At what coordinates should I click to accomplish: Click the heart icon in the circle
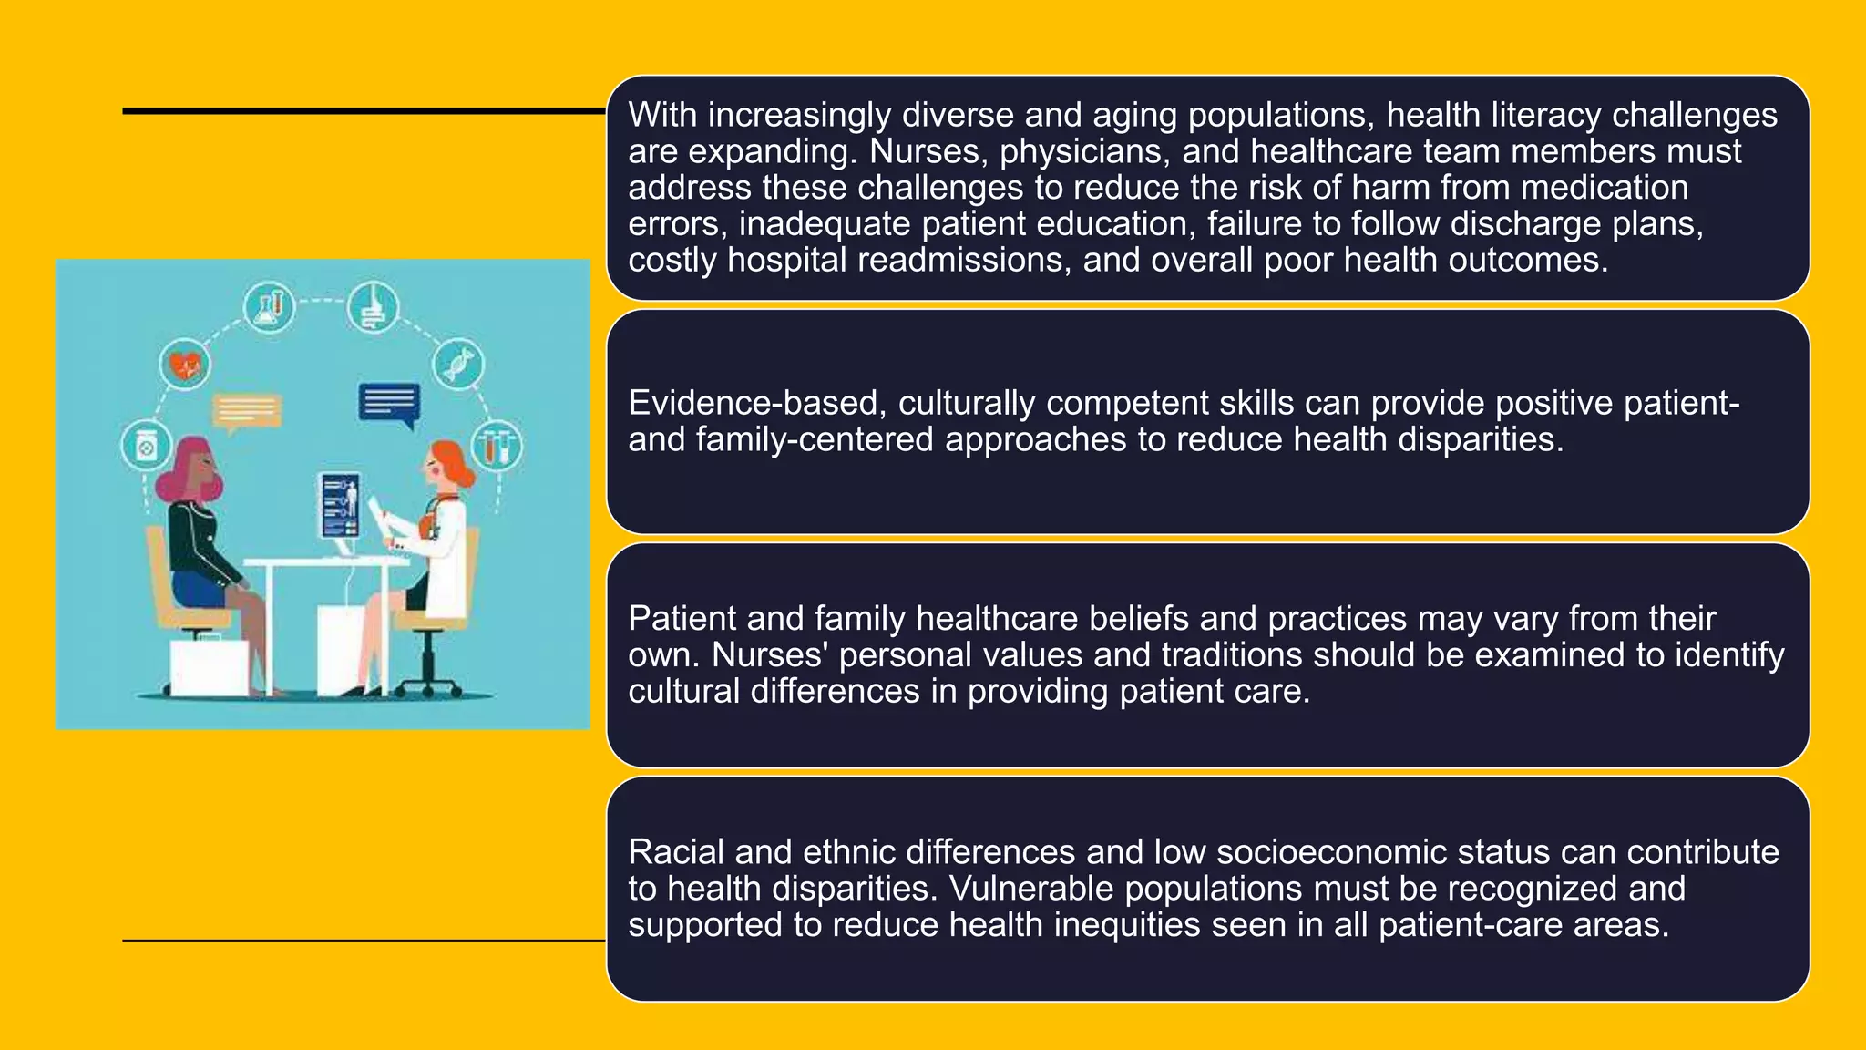[x=185, y=365]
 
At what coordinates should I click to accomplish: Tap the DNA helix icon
[x=457, y=363]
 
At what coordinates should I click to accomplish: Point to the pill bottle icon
[x=146, y=447]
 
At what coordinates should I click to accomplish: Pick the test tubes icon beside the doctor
[x=497, y=446]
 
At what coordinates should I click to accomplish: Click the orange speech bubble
[x=247, y=411]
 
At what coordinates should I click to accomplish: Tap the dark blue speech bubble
[x=389, y=403]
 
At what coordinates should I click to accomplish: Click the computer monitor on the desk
[x=340, y=507]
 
